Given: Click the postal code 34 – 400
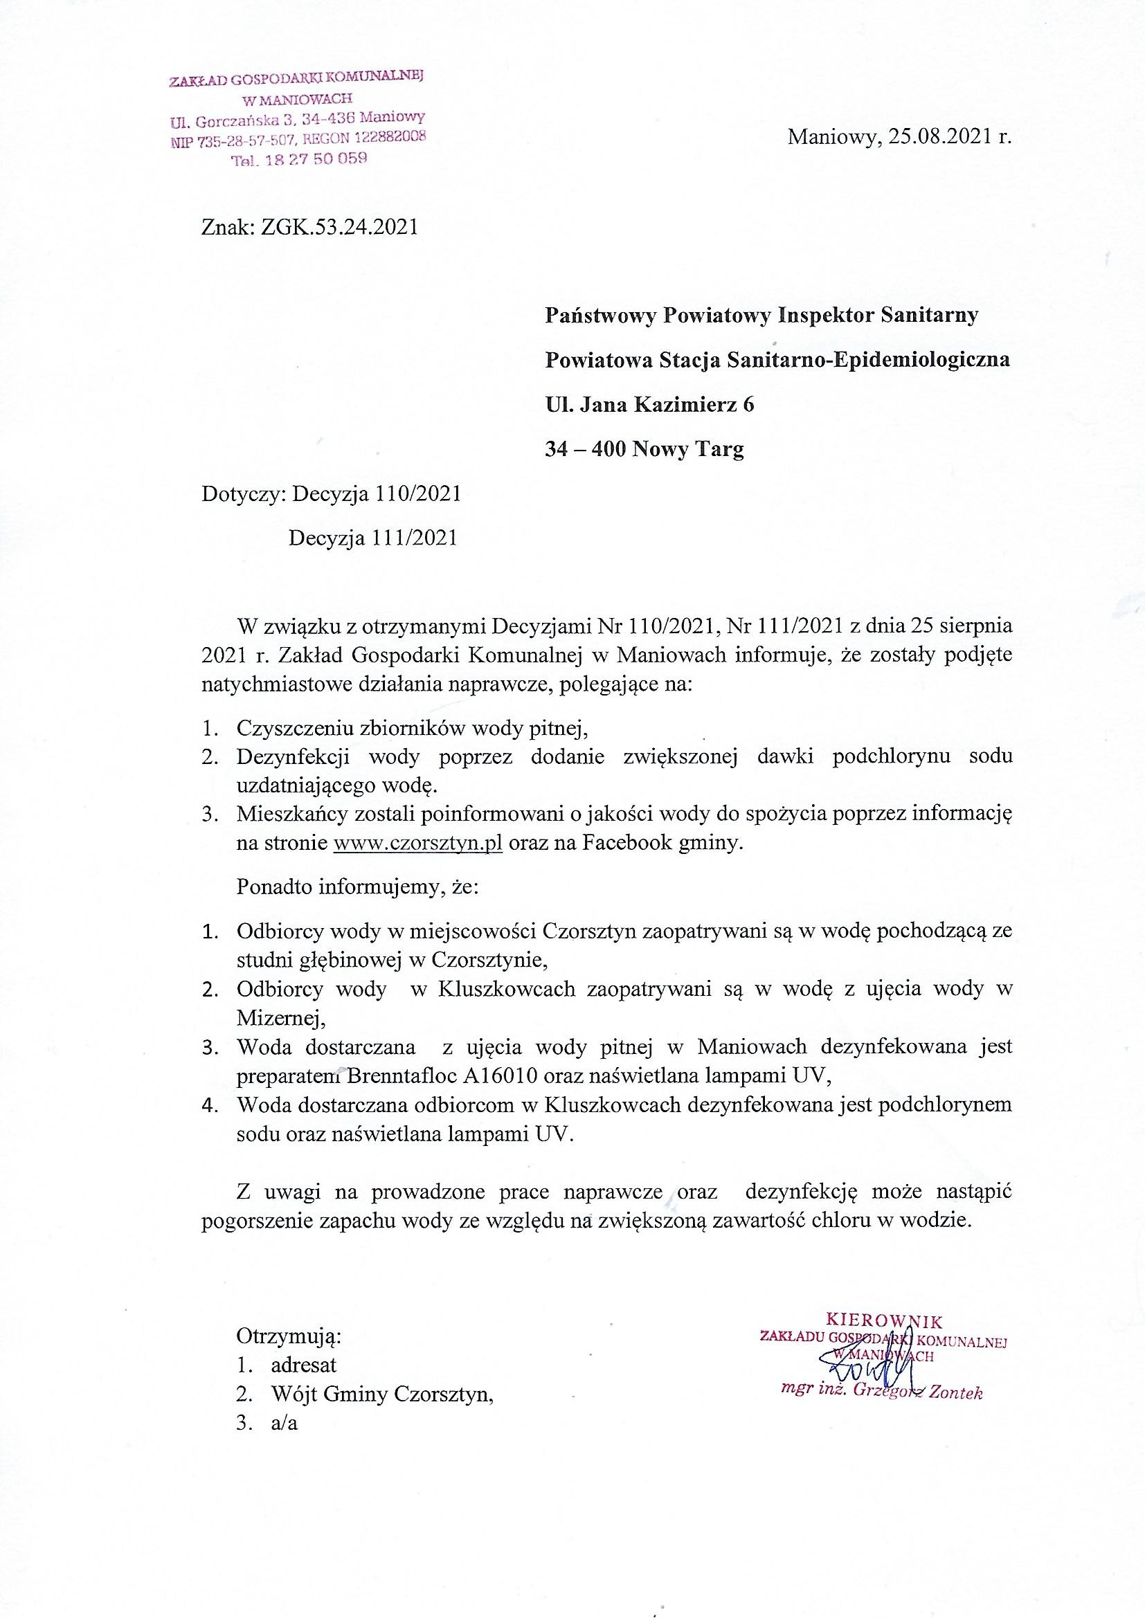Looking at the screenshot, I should (x=586, y=449).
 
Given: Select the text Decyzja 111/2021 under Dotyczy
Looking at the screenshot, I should (x=373, y=538).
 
